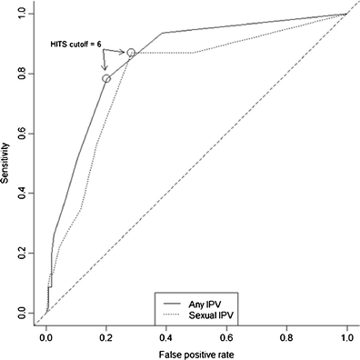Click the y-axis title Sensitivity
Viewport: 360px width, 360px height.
click(6, 164)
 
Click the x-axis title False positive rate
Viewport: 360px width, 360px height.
click(195, 351)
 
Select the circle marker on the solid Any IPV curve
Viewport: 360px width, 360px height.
click(106, 79)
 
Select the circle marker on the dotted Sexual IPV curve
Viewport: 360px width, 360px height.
click(132, 53)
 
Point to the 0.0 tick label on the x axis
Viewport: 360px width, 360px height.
click(46, 334)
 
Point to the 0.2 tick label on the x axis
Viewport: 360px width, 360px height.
click(106, 334)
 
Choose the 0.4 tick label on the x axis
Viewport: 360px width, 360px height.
click(166, 334)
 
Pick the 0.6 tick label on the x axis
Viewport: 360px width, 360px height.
click(226, 334)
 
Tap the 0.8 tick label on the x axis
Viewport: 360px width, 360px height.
click(286, 334)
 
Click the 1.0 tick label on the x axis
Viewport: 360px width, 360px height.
click(346, 334)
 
